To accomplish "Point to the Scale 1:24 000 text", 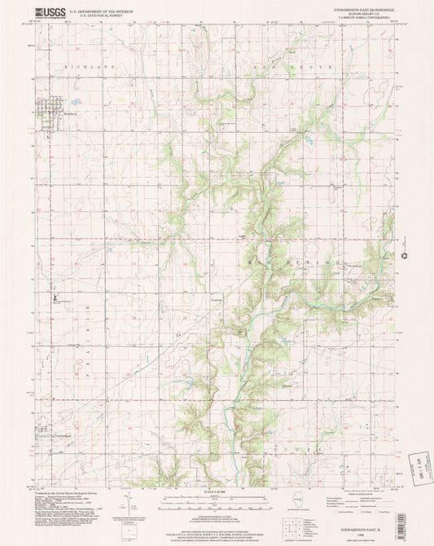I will [217, 495].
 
